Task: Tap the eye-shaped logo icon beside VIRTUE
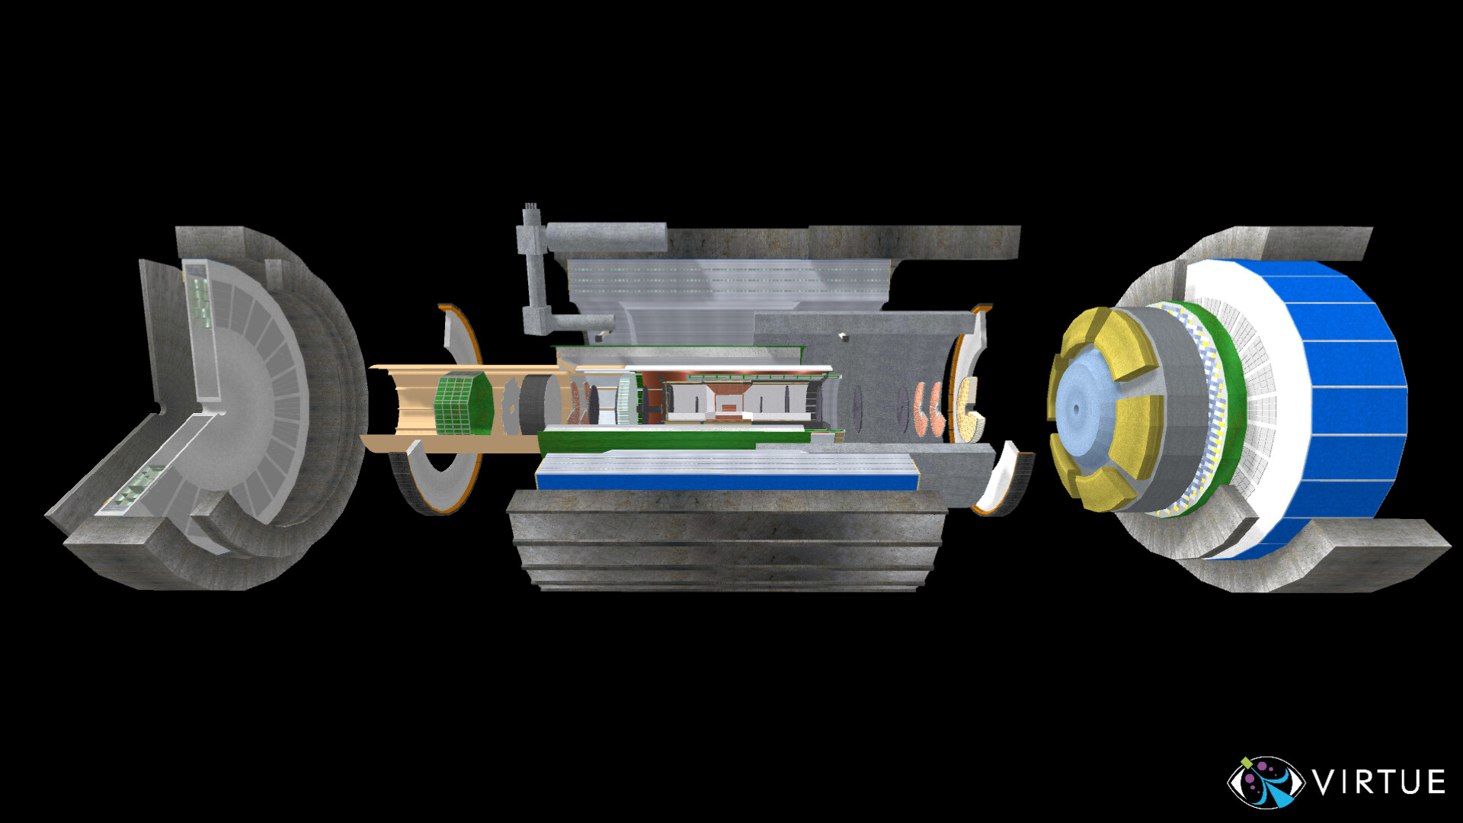coord(1266,783)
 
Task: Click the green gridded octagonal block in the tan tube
coord(461,404)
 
